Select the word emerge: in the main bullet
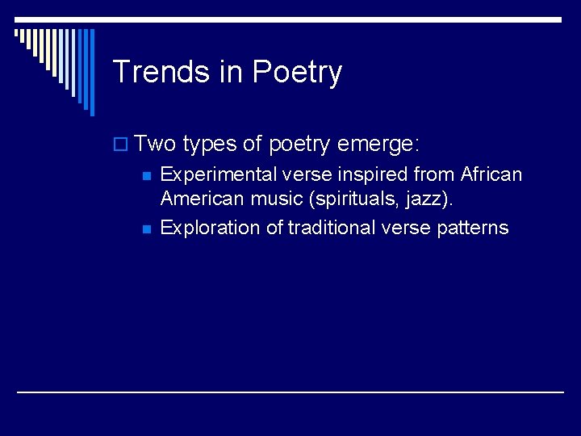(378, 145)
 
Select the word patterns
(471, 228)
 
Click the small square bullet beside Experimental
(145, 176)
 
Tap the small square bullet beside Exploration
(145, 229)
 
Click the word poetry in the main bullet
(300, 145)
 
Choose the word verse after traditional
(403, 228)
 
